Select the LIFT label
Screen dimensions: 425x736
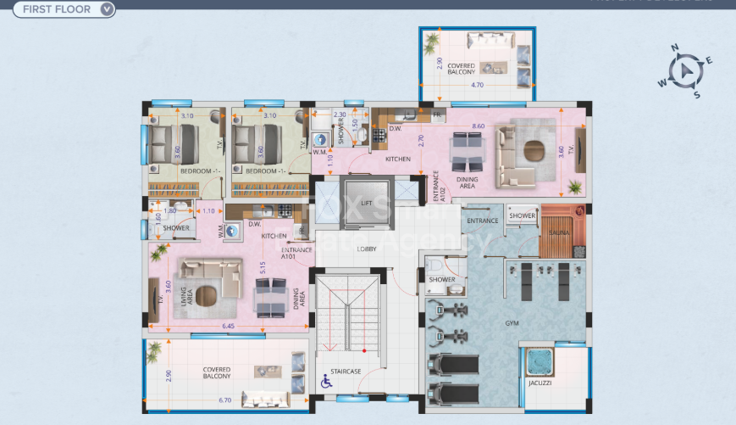pos(366,204)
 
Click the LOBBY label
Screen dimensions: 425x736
pos(366,249)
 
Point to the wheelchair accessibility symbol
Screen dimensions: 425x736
pos(326,383)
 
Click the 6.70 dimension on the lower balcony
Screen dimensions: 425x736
pos(224,400)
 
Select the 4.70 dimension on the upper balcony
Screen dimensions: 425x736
pos(476,85)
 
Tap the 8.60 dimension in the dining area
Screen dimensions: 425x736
pos(478,126)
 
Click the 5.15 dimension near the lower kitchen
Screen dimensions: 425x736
pos(263,268)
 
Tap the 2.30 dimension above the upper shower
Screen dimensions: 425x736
pos(339,115)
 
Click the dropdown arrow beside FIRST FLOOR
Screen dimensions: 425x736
pos(106,10)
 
